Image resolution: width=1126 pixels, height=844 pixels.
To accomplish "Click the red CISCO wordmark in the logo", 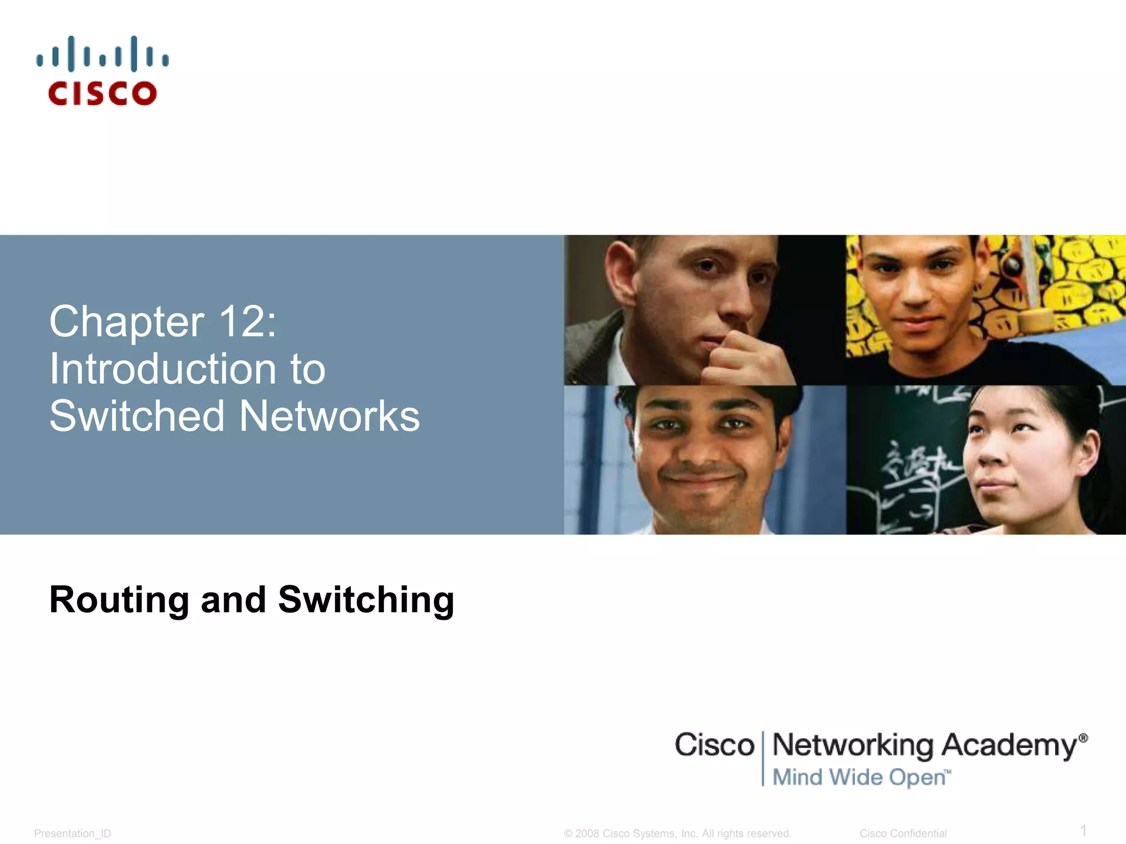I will click(102, 93).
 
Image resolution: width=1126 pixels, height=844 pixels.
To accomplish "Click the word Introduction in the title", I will click(163, 369).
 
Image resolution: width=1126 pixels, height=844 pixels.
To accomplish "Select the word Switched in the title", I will click(137, 416).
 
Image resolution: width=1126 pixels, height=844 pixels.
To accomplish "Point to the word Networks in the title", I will click(329, 416).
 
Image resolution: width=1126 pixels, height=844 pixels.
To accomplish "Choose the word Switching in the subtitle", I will click(366, 599).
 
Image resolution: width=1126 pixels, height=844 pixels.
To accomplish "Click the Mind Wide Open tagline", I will click(860, 777).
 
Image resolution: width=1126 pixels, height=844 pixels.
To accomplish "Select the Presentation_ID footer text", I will click(73, 834).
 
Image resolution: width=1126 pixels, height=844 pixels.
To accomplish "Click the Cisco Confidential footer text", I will click(903, 834).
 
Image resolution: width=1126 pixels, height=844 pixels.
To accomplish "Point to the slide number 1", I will click(1083, 830).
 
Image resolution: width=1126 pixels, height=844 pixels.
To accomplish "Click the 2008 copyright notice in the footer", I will click(677, 834).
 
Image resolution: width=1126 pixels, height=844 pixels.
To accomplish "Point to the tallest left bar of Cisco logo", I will click(70, 54).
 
